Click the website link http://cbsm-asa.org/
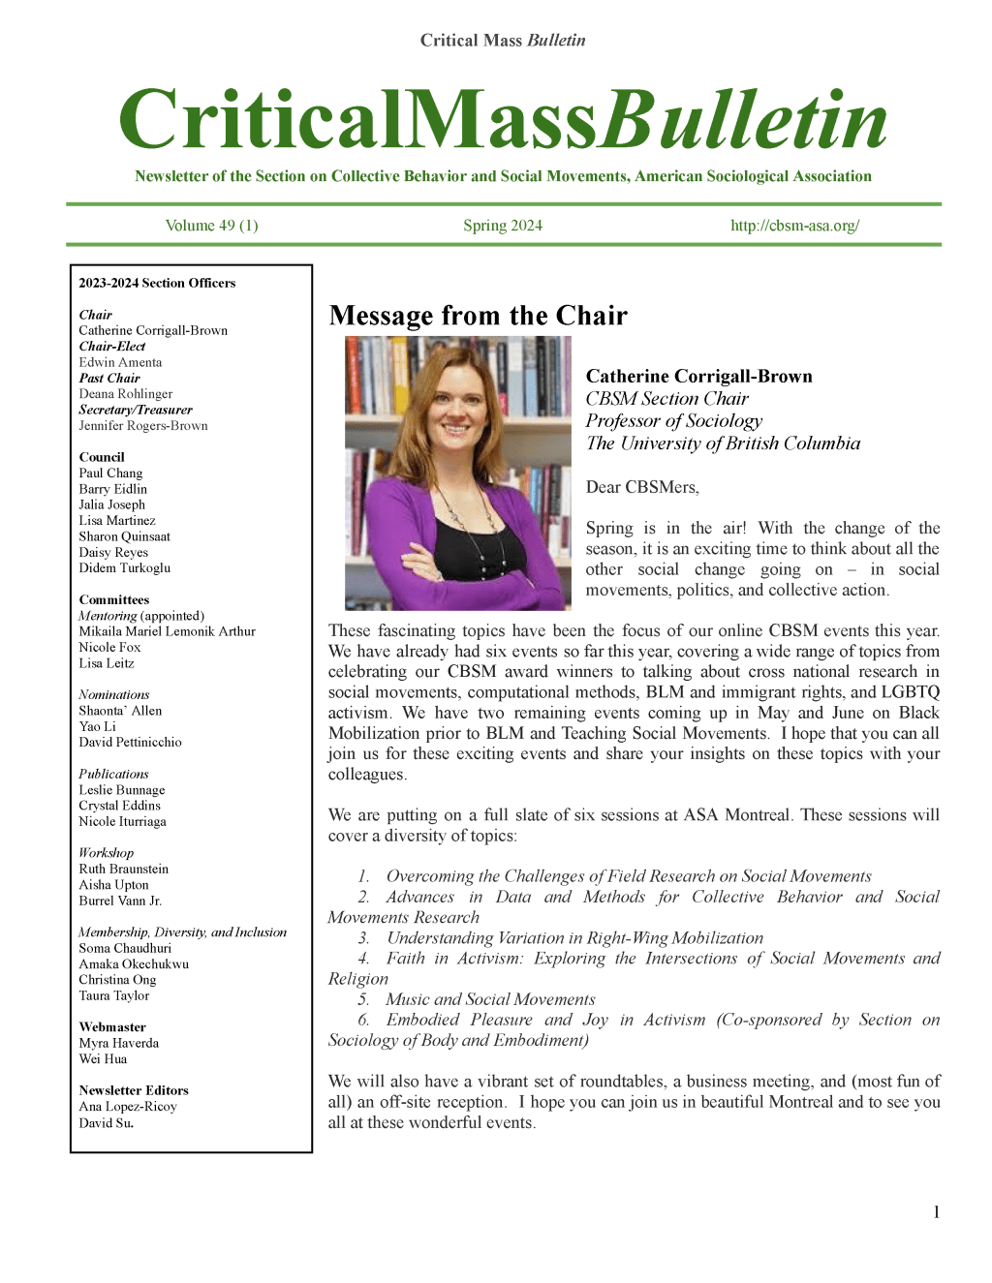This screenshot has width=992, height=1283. click(x=794, y=226)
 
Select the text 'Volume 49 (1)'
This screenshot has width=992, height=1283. click(x=211, y=226)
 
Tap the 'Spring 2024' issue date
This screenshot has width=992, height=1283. click(x=502, y=226)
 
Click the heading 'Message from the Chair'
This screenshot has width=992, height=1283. click(x=478, y=316)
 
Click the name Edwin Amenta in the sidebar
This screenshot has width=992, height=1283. click(x=120, y=362)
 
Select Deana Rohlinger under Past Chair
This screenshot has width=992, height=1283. click(x=126, y=394)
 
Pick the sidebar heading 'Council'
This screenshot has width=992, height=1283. click(x=102, y=457)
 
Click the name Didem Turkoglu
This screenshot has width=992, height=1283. click(x=124, y=568)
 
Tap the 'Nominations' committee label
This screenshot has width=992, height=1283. click(x=114, y=695)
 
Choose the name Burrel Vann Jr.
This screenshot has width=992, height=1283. click(x=120, y=901)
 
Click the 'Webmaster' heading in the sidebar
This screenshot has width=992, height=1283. click(x=112, y=1027)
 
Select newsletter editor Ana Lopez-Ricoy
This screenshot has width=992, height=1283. click(x=128, y=1107)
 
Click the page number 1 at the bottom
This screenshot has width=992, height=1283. click(x=936, y=1212)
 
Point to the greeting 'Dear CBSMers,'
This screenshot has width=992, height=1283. click(x=642, y=487)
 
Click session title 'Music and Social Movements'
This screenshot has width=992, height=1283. click(x=490, y=999)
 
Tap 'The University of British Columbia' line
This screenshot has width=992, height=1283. click(x=723, y=443)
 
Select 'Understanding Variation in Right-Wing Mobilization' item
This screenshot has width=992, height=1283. click(x=574, y=938)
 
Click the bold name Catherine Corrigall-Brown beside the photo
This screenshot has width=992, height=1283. click(x=698, y=377)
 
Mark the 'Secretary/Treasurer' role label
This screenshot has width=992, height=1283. click(x=136, y=410)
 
